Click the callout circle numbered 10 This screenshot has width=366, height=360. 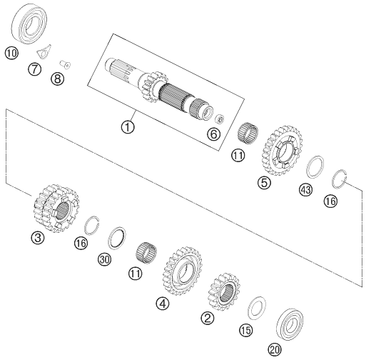click(x=11, y=53)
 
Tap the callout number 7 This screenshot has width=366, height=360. click(x=34, y=69)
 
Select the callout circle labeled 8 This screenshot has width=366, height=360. click(x=57, y=78)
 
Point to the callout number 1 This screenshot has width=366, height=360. click(x=128, y=126)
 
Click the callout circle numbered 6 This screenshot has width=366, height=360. click(x=213, y=134)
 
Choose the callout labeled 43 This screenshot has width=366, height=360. click(x=306, y=190)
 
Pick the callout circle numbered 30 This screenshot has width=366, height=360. click(x=105, y=259)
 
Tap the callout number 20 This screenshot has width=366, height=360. click(x=275, y=350)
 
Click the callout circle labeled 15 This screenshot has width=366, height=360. click(x=246, y=330)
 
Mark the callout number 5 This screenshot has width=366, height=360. click(x=264, y=183)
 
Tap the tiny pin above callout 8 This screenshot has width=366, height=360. click(x=65, y=64)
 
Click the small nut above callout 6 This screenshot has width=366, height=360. click(x=219, y=119)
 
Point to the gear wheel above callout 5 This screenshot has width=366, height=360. click(x=282, y=151)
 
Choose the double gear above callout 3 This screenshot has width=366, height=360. click(x=56, y=209)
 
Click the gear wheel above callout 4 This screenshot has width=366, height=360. click(x=183, y=271)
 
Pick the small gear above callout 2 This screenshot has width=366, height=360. click(x=224, y=291)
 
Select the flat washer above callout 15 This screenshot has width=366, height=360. click(x=257, y=308)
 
